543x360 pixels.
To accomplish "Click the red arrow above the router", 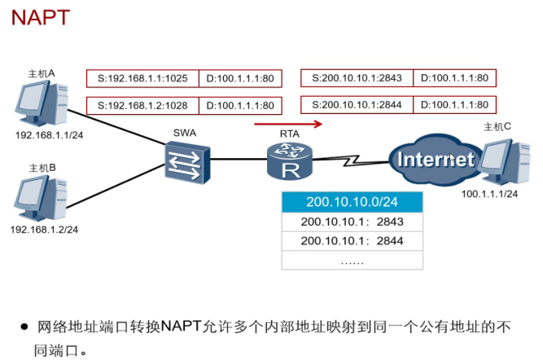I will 288,125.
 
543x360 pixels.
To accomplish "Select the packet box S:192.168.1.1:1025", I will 143,79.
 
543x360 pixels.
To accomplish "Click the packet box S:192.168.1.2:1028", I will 143,105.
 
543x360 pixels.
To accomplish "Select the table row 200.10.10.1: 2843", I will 353,222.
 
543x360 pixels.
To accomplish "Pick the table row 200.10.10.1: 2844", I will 353,241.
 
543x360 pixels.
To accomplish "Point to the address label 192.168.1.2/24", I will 44,230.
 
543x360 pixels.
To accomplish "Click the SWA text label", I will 185,132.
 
